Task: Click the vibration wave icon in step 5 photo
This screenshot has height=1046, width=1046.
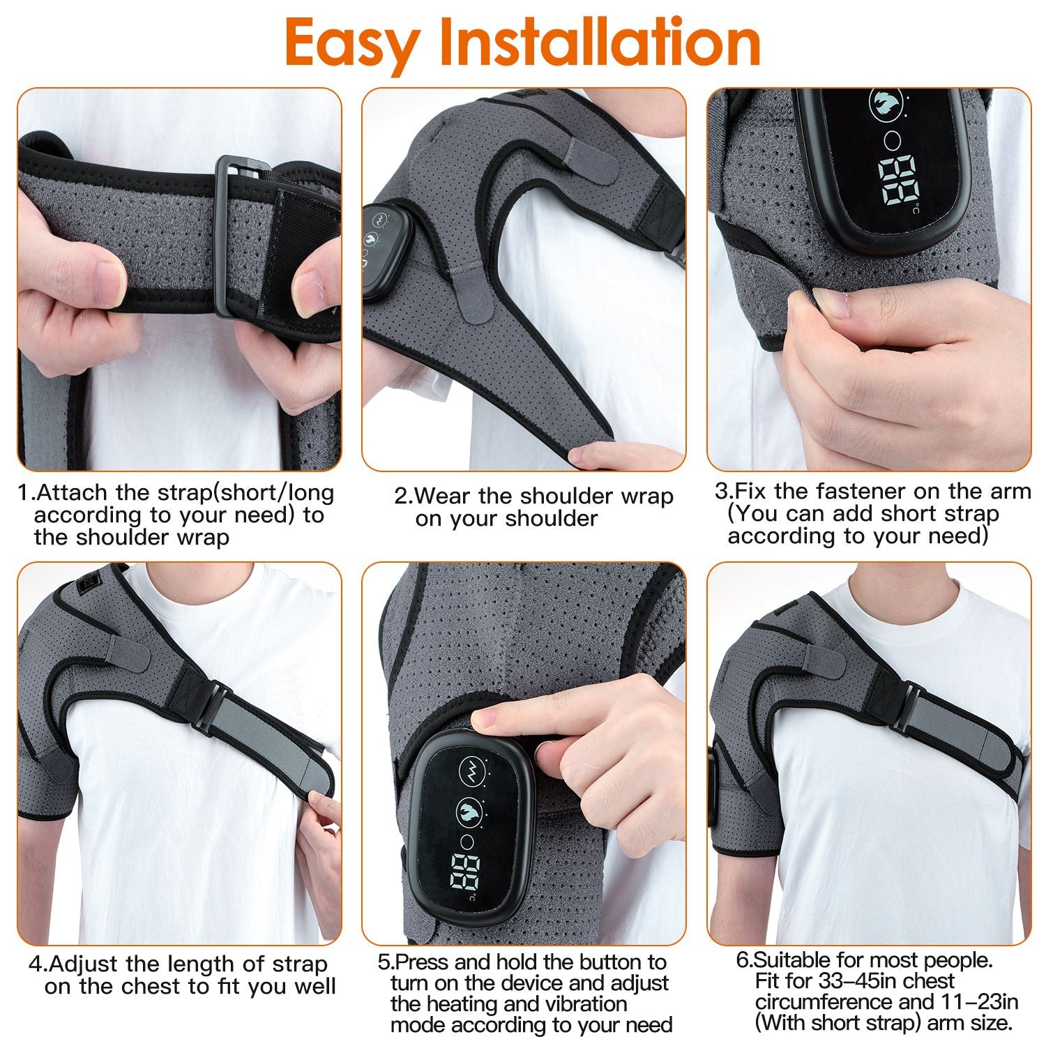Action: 471,771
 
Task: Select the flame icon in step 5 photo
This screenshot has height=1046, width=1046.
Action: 469,811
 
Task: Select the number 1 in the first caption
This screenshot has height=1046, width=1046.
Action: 24,493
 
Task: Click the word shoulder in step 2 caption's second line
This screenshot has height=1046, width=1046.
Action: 551,520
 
